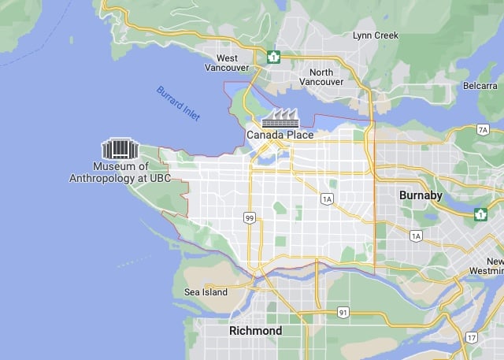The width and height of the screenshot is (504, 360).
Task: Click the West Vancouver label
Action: (x=227, y=63)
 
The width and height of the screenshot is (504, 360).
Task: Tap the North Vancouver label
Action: (x=321, y=77)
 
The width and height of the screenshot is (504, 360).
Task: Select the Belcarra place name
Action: (x=480, y=85)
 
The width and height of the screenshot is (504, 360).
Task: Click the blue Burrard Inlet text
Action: (x=178, y=102)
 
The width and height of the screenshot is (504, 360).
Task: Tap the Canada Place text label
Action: (x=280, y=135)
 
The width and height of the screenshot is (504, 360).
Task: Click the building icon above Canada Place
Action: (x=280, y=118)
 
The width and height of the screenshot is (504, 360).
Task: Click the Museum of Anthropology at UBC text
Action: (x=120, y=173)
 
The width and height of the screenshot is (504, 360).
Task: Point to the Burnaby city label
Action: (x=421, y=195)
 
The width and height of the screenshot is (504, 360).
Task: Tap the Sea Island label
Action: (x=206, y=292)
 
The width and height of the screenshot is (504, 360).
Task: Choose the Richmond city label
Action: (x=255, y=331)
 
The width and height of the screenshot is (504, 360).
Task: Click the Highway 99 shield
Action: (x=249, y=217)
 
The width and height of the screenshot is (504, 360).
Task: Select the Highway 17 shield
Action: (x=471, y=337)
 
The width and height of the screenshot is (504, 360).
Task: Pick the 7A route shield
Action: (x=483, y=129)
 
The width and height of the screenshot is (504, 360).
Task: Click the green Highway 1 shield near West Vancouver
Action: (x=273, y=57)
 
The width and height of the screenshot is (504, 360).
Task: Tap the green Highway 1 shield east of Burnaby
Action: (x=480, y=213)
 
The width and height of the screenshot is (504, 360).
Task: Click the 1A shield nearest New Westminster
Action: (x=415, y=236)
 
